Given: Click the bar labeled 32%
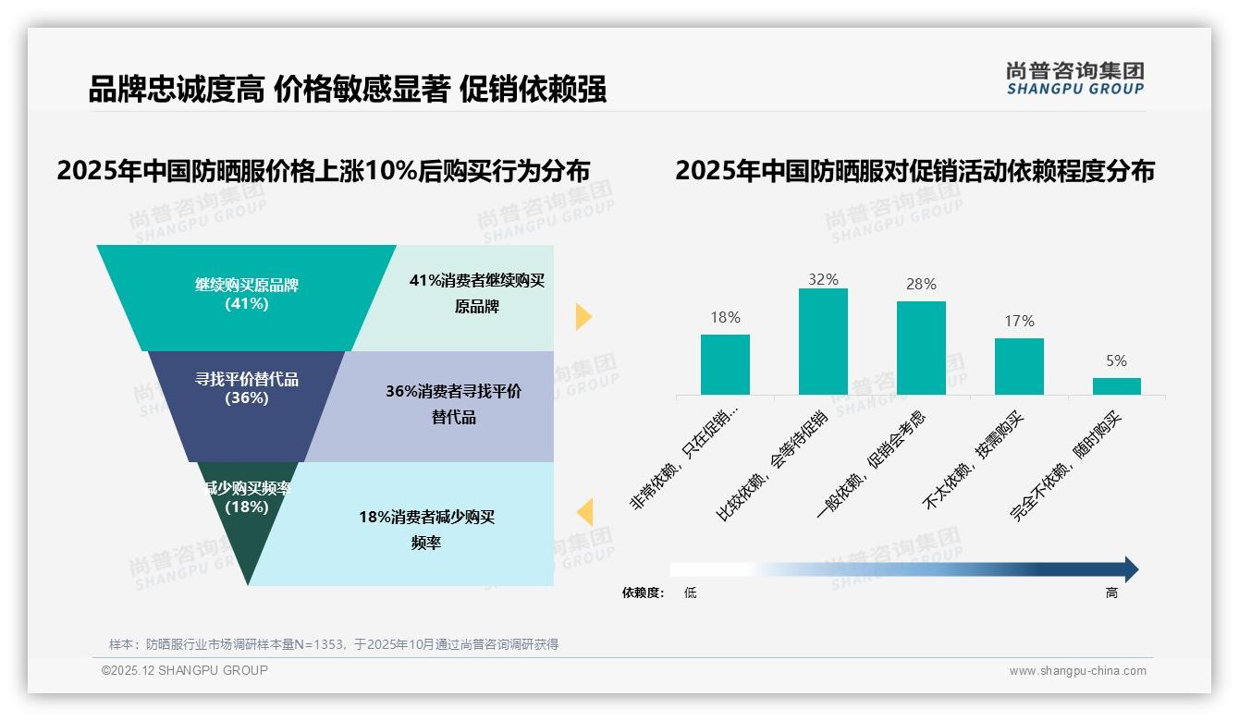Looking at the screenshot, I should [x=823, y=341].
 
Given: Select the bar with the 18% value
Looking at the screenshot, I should [x=725, y=364].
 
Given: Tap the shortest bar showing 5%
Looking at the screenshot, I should [x=1116, y=385].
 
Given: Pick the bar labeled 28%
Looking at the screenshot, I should [x=921, y=348].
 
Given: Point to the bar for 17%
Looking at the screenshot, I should [x=1019, y=366].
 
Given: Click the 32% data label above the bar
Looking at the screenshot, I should [x=823, y=279].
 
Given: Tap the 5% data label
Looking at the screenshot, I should [x=1116, y=361].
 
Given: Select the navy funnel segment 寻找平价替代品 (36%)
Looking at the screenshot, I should [x=246, y=402].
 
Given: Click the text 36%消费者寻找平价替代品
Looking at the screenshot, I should [x=453, y=404].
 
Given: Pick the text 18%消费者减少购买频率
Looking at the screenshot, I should [x=426, y=530].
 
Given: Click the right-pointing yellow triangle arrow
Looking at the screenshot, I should [x=583, y=316].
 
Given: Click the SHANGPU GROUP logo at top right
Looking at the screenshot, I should [x=1074, y=79].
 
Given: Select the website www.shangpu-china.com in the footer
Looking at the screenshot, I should [x=1077, y=671].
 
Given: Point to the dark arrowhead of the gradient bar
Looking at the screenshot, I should [x=1130, y=569].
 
